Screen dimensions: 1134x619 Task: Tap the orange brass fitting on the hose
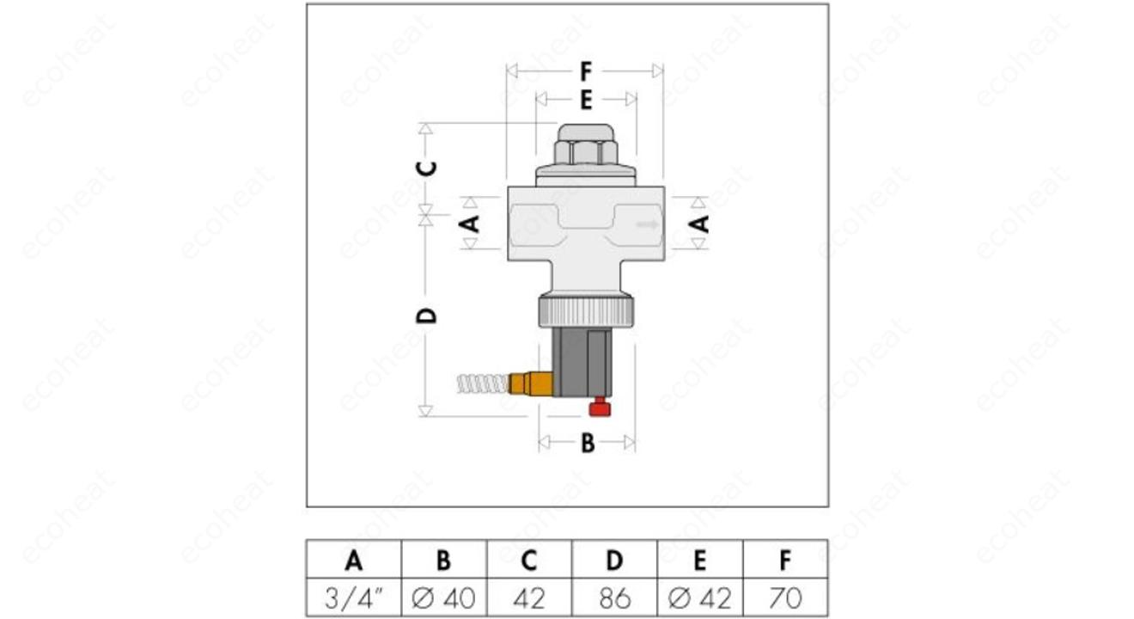(531, 383)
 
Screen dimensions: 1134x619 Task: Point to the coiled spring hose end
(483, 384)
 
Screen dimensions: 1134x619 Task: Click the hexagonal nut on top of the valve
(586, 152)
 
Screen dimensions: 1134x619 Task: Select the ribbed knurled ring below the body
(586, 311)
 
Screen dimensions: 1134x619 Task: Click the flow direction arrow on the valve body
(648, 224)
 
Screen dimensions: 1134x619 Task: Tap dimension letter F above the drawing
(586, 71)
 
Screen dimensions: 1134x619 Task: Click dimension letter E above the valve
(586, 100)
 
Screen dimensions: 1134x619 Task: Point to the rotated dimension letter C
(426, 169)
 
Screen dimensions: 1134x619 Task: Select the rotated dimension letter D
(426, 316)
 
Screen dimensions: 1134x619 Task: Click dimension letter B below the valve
(588, 444)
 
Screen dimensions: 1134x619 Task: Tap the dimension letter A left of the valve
(471, 224)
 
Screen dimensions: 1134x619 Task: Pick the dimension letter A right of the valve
(699, 224)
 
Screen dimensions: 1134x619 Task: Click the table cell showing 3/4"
(353, 598)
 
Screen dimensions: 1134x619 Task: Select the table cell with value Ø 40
(443, 598)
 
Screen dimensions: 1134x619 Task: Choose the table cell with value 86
(614, 598)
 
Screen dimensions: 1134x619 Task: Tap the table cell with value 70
(785, 598)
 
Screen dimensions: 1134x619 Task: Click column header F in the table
(785, 561)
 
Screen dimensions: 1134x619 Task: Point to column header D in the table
(614, 561)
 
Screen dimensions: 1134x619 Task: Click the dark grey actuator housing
(582, 362)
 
